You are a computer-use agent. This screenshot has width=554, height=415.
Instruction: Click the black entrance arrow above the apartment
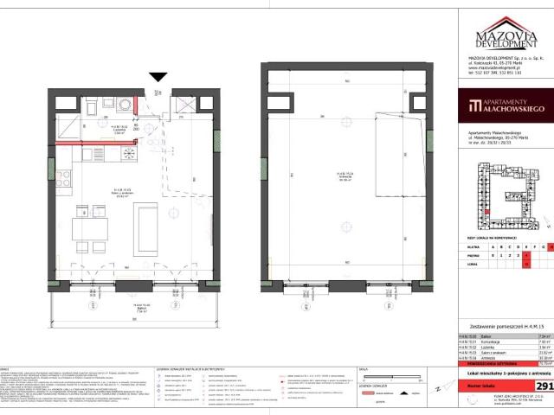coord(158,77)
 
